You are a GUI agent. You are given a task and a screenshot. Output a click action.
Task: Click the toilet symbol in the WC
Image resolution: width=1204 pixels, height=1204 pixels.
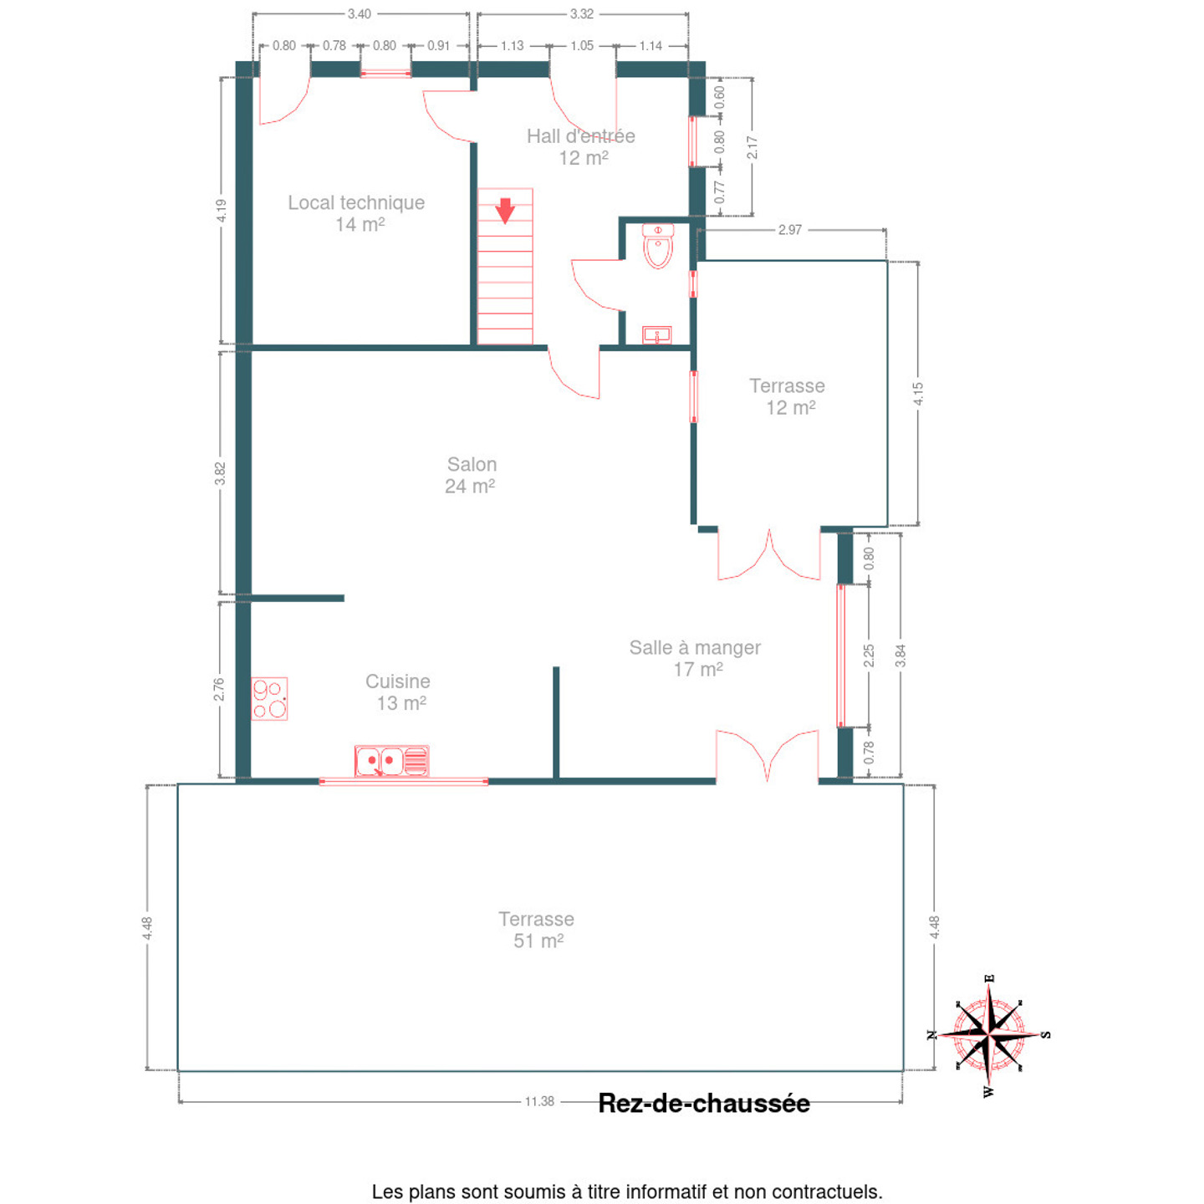[658, 246]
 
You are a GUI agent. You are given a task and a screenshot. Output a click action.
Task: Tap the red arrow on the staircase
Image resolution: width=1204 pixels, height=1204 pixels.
[505, 211]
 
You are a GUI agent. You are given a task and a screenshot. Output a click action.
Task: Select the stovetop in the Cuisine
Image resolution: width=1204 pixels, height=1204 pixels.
[269, 698]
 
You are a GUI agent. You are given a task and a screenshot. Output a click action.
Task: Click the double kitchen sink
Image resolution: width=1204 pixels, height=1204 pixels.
[392, 761]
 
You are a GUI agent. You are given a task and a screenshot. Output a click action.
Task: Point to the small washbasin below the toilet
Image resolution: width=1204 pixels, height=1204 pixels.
[657, 335]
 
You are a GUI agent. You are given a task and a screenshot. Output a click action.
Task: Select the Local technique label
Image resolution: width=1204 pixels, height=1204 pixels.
[357, 213]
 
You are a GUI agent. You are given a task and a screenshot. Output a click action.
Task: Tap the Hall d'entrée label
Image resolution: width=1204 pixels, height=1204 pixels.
[581, 147]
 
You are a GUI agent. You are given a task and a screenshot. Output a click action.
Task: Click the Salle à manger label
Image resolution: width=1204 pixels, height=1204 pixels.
[696, 659]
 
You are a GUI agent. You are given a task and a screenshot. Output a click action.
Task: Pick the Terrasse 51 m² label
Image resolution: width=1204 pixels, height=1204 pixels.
[537, 930]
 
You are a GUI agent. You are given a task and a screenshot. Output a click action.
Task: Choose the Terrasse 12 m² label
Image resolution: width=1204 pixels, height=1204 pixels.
[788, 397]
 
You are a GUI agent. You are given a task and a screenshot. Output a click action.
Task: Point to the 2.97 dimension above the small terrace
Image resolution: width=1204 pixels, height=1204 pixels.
[790, 230]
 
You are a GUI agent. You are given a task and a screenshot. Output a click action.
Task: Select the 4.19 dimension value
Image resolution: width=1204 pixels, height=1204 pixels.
[222, 211]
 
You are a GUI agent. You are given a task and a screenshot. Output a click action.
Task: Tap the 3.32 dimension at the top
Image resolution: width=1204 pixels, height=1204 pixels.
[582, 13]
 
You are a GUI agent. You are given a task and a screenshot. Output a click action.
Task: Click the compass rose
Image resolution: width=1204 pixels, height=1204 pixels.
[990, 1034]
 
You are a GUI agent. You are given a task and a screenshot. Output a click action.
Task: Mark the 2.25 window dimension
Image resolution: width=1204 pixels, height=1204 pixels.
[869, 656]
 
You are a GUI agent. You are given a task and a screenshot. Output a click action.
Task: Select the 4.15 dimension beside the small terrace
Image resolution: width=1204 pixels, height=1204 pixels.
[918, 394]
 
